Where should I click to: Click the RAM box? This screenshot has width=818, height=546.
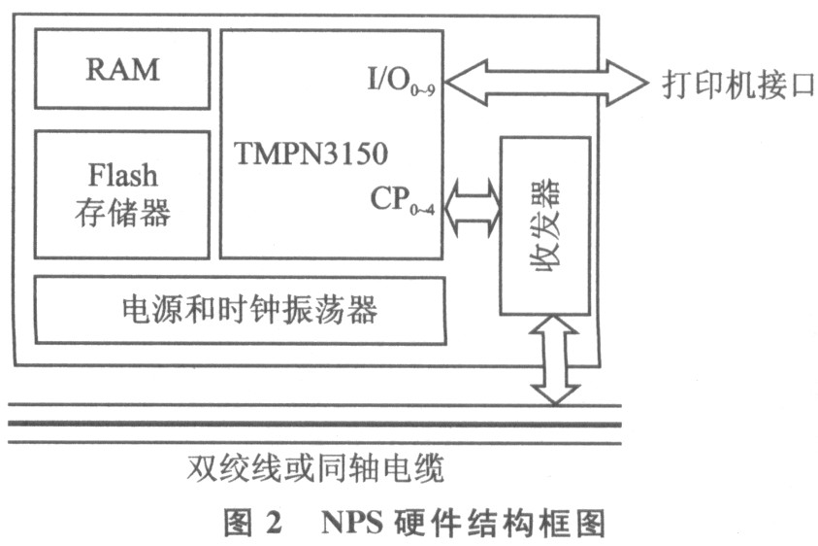[x=122, y=69]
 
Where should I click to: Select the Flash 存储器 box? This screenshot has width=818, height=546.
[x=122, y=194]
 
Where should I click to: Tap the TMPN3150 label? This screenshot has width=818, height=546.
[x=311, y=154]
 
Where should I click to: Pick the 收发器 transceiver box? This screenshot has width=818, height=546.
[x=544, y=225]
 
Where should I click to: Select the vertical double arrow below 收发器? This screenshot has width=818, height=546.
[x=555, y=359]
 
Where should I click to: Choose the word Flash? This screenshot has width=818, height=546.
[x=122, y=176]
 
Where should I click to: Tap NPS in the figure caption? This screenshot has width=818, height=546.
[x=350, y=523]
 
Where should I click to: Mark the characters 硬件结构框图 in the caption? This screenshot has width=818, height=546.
[x=500, y=523]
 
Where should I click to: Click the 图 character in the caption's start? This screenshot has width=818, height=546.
[x=237, y=523]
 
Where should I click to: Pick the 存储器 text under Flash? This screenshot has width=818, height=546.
[x=122, y=213]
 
